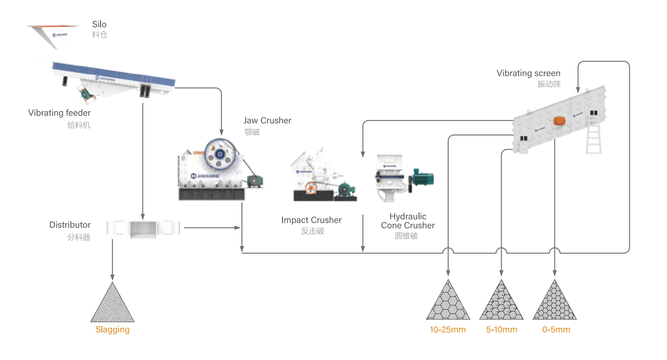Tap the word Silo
(99, 24)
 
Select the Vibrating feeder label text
(59, 113)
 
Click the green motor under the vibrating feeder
(86, 94)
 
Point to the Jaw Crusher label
(267, 121)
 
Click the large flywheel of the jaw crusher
(220, 154)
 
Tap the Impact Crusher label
(311, 220)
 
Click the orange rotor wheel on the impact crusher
(310, 188)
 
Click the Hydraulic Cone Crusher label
(408, 221)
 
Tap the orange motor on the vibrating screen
(559, 121)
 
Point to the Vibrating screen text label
(528, 73)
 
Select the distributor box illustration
(143, 229)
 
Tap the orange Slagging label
(112, 330)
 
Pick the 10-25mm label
(447, 330)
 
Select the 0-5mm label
(556, 330)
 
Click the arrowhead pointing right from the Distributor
(238, 228)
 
